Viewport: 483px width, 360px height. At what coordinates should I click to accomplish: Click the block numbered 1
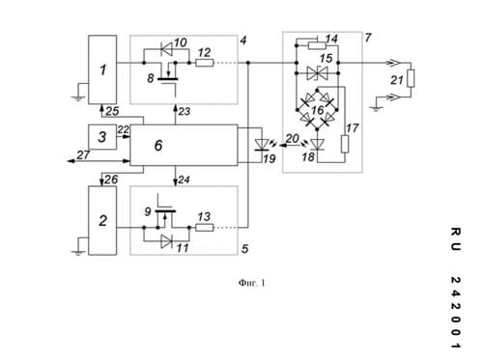[102, 69]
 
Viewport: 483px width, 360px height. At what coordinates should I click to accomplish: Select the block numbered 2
[102, 220]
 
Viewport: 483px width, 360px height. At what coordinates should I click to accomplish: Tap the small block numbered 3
[102, 137]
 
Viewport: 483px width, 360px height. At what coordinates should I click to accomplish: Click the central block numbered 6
[184, 145]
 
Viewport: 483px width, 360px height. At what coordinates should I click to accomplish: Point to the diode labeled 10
[166, 49]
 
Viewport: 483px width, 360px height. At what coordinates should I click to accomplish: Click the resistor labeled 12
[205, 63]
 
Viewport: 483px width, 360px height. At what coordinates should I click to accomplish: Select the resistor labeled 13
[205, 228]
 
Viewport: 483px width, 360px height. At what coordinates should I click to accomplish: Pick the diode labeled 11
[166, 241]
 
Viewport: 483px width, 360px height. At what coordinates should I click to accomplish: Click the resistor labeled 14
[317, 45]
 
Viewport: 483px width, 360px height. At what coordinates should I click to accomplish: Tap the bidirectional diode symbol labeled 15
[317, 73]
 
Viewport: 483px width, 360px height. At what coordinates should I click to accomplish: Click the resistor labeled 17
[345, 144]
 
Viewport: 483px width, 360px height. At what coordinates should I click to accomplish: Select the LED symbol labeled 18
[317, 145]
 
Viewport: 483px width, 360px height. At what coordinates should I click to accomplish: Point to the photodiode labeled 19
[261, 145]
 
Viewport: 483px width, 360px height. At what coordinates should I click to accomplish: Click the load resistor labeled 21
[411, 78]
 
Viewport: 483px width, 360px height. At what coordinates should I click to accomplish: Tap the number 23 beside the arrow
[185, 112]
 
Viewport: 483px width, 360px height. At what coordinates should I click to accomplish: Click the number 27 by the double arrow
[83, 155]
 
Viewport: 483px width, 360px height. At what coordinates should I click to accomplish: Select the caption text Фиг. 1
[252, 283]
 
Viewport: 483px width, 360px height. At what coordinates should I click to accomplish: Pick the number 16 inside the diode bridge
[318, 110]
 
